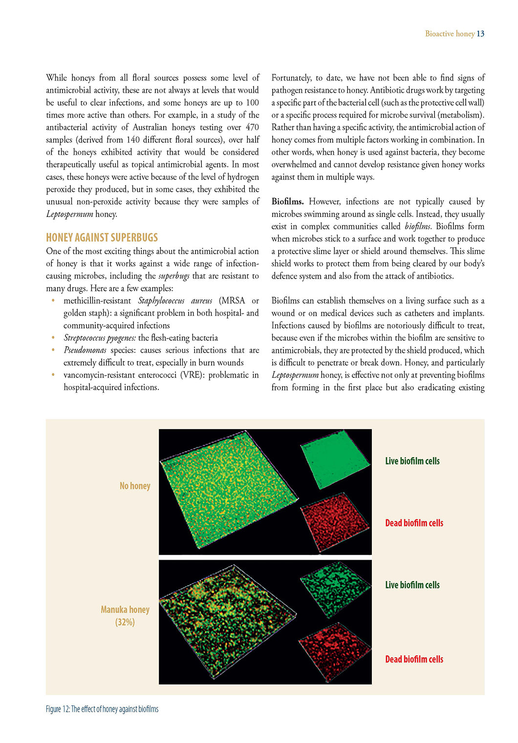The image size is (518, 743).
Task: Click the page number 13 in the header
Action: click(480, 34)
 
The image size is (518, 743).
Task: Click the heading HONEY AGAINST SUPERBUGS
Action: click(102, 238)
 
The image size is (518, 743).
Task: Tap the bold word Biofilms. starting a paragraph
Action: click(287, 201)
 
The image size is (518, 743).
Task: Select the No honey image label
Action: click(135, 486)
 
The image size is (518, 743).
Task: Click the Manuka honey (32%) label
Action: click(125, 615)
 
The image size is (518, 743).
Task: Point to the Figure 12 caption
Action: click(102, 709)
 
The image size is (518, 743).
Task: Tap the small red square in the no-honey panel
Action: click(335, 522)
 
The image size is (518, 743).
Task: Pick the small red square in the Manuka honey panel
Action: click(335, 651)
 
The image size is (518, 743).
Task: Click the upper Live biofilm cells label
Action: click(412, 461)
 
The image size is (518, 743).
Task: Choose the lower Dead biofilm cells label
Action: click(414, 659)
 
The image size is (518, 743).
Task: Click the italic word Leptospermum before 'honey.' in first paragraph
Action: click(69, 214)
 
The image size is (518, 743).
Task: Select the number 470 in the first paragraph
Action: click(252, 127)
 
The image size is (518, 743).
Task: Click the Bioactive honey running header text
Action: click(450, 34)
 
